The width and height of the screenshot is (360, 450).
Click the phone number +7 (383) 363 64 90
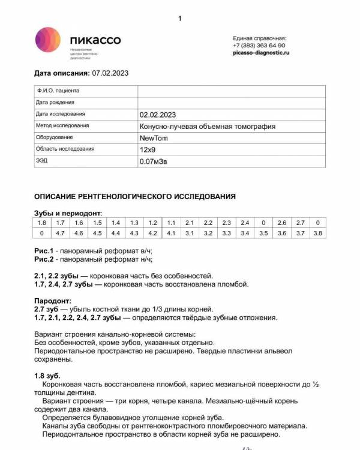point(259,46)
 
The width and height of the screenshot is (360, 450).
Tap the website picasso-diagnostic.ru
point(261,53)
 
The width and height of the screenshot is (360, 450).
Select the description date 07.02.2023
point(110,73)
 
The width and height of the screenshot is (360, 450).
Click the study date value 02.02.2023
point(158,114)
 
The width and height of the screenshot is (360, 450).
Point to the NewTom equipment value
point(154,137)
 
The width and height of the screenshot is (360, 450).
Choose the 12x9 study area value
point(148,149)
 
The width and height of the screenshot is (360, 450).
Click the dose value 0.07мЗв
point(154,161)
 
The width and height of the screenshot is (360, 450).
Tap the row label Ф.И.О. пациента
point(58,91)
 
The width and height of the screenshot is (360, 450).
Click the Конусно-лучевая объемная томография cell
point(208,126)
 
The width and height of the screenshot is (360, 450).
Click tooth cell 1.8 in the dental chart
point(42,223)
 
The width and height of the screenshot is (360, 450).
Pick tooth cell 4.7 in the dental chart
point(60,233)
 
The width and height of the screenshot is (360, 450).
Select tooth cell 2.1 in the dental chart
point(190,223)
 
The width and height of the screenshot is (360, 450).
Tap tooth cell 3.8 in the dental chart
point(318,233)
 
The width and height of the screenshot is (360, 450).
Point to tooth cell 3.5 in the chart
point(263,233)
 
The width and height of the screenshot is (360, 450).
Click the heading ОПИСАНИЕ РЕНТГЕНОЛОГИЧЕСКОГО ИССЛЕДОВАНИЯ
point(135,196)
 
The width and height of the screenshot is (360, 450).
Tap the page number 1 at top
point(179,19)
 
